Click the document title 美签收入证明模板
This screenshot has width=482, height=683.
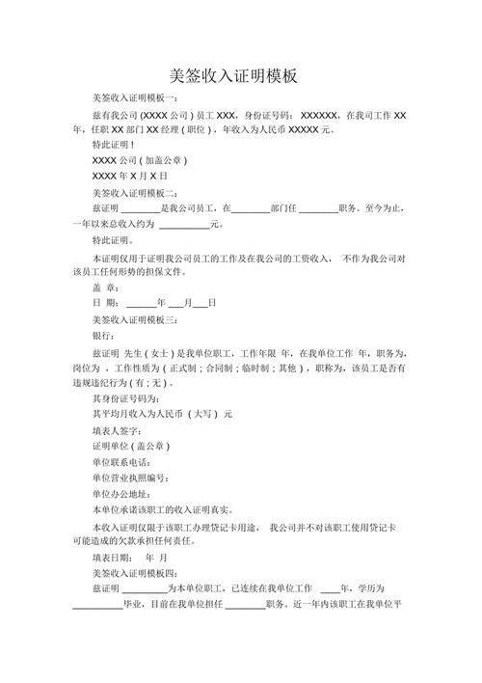point(240,75)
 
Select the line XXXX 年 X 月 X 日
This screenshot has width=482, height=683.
point(130,178)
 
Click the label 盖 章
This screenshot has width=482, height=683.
point(106,287)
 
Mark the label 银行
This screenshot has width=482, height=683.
point(105,335)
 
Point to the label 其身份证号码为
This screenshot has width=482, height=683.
point(126,398)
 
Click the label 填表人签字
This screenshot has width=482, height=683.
point(118,430)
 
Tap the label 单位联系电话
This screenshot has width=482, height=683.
point(122,462)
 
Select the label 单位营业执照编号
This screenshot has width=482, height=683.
point(131,478)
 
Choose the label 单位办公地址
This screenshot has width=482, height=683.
point(122,493)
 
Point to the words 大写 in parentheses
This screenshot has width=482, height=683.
point(201,414)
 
